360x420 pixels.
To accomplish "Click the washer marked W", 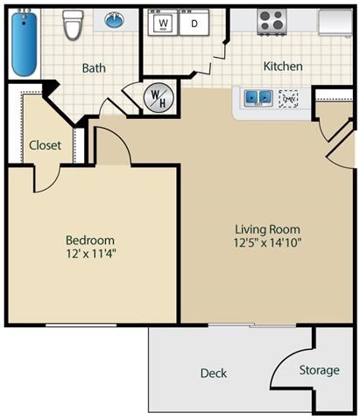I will pyautogui.click(x=162, y=24).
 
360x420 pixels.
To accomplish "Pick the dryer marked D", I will pyautogui.click(x=194, y=24).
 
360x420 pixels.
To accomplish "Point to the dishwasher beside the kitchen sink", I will pyautogui.click(x=288, y=99).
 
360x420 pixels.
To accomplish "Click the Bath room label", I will pyautogui.click(x=94, y=67).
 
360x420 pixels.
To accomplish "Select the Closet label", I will pyautogui.click(x=45, y=145).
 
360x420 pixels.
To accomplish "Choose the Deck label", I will pyautogui.click(x=213, y=373).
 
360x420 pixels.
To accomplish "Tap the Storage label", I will pyautogui.click(x=319, y=370).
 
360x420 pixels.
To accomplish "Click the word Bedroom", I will pyautogui.click(x=90, y=240).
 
